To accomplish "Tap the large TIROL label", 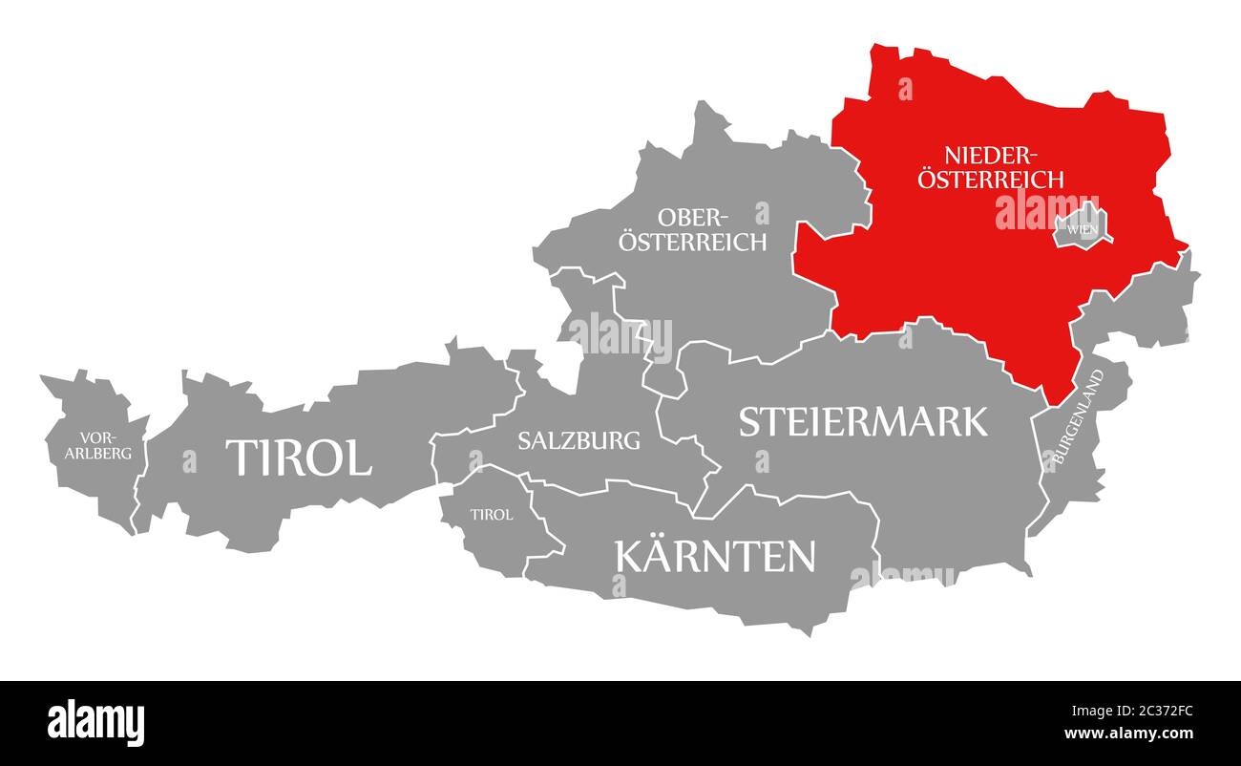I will point(298,458).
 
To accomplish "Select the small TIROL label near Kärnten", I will point(492,514).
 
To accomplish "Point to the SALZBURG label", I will point(578,440).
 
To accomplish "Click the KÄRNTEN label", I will point(716,556).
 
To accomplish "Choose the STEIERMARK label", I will point(863,421).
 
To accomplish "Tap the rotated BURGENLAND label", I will point(1078,417).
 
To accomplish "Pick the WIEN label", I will point(1082,229).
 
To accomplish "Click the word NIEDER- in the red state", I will point(990,155).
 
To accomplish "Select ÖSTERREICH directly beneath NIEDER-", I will point(991,179).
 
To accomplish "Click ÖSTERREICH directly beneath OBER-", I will point(692,242).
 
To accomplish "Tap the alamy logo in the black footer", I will point(95,722).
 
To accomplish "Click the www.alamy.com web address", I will point(1130,734).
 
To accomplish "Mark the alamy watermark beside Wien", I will point(1046,210).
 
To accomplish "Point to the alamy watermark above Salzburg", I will point(620,334).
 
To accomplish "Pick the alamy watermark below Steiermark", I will point(902,574).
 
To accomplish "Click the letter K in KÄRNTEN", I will point(630,556).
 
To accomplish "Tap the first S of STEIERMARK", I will point(750,421).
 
